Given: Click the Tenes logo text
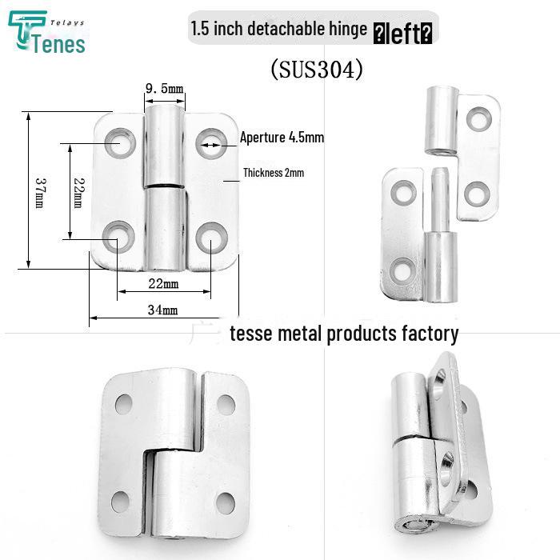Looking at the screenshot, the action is point(59,44).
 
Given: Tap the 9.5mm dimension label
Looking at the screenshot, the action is point(164,88).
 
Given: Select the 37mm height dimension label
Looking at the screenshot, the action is point(40,193).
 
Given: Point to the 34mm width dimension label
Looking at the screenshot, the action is point(163,310).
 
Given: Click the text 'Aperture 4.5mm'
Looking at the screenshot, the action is point(282,137).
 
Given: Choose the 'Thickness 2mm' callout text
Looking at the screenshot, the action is point(274,173).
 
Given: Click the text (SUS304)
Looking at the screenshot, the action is point(317,69).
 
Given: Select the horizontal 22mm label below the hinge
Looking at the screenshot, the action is point(163,283).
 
